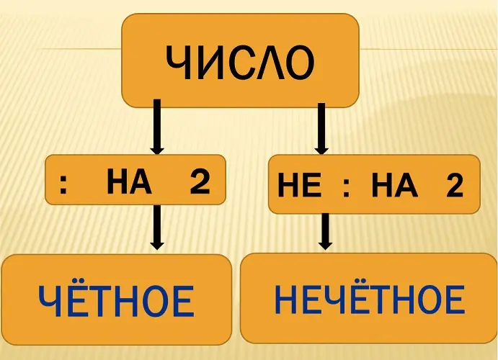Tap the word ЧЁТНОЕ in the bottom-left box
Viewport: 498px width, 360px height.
pos(115,302)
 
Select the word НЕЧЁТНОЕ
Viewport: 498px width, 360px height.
pos(369,300)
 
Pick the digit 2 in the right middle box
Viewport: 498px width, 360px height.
pos(453,187)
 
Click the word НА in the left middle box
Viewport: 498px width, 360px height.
pos(129,183)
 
